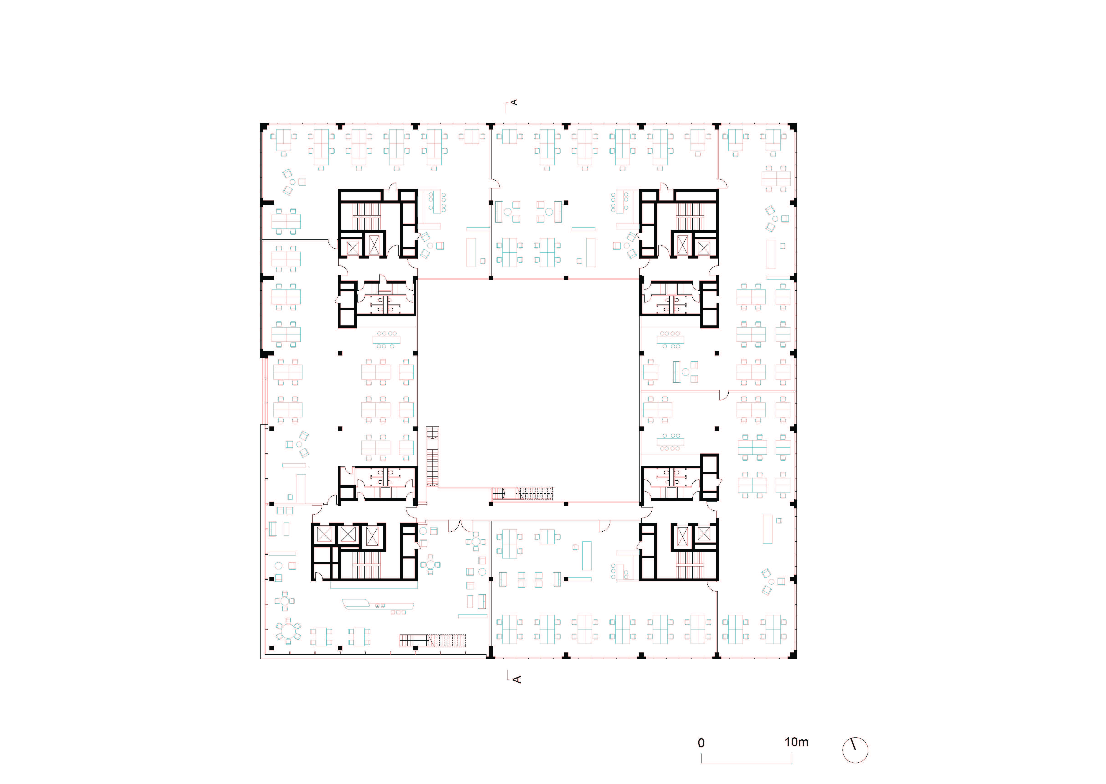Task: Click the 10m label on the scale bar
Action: point(796,742)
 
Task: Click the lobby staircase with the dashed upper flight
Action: point(433,640)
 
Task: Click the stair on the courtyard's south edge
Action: point(522,494)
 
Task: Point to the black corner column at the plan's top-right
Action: point(793,127)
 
